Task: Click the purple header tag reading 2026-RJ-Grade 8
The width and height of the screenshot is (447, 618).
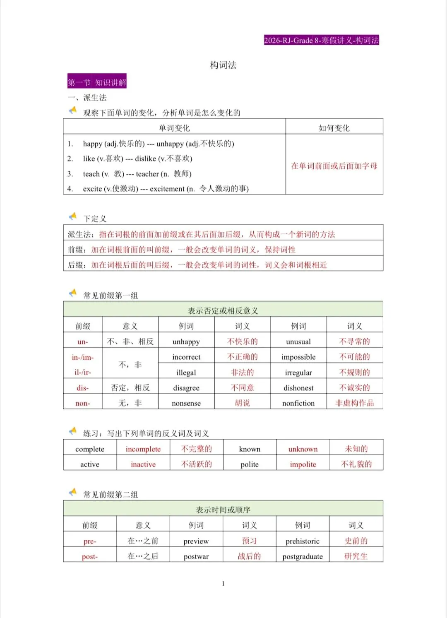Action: click(x=321, y=40)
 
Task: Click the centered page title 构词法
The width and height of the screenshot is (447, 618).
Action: click(x=223, y=65)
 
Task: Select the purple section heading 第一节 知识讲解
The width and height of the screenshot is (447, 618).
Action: click(x=97, y=82)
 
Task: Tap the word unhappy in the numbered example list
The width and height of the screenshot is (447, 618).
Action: click(x=170, y=144)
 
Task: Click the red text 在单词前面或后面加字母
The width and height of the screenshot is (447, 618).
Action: click(x=334, y=166)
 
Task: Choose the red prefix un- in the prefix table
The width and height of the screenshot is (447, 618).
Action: click(x=83, y=342)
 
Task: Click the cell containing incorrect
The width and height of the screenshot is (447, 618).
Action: click(x=186, y=357)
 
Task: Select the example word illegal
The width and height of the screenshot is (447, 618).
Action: click(x=186, y=373)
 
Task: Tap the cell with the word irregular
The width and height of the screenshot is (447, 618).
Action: click(x=298, y=373)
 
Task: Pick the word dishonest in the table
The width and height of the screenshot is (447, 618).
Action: click(x=298, y=388)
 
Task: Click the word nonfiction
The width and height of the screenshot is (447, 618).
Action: click(x=298, y=403)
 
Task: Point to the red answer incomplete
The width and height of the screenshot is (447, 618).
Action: click(x=143, y=449)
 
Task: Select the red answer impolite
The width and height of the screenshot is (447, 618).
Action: click(x=303, y=464)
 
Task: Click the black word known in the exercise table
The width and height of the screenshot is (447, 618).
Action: click(x=250, y=449)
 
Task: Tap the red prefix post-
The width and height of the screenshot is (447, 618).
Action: click(x=90, y=557)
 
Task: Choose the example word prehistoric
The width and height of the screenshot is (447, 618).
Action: click(x=303, y=541)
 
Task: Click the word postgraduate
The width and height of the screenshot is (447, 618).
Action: click(x=303, y=557)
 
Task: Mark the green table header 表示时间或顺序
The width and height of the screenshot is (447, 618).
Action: click(x=223, y=510)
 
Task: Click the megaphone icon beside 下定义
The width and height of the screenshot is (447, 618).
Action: click(x=73, y=216)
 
